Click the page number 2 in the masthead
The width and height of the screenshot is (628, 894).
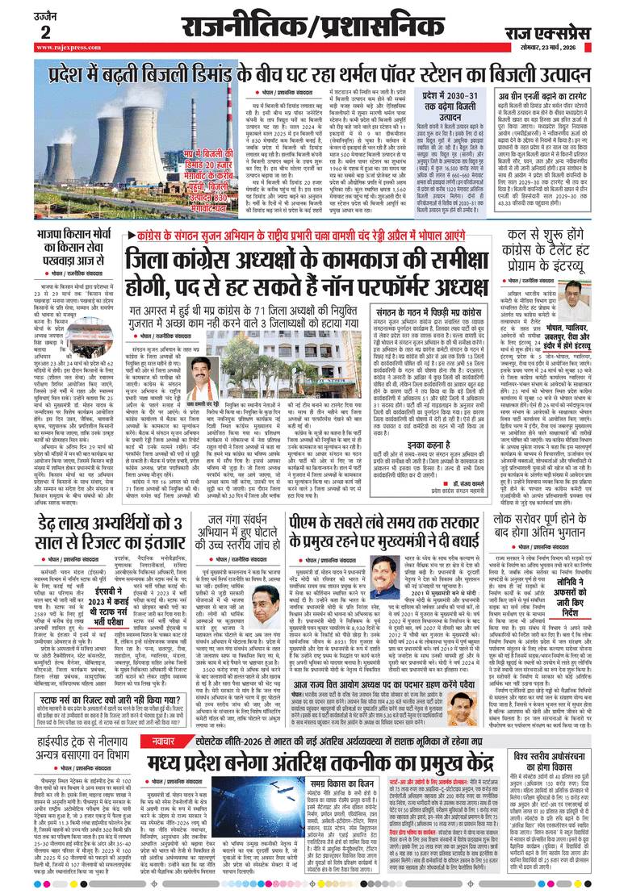pos(45,31)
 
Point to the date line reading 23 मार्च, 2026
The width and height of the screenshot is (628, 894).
pos(566,48)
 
